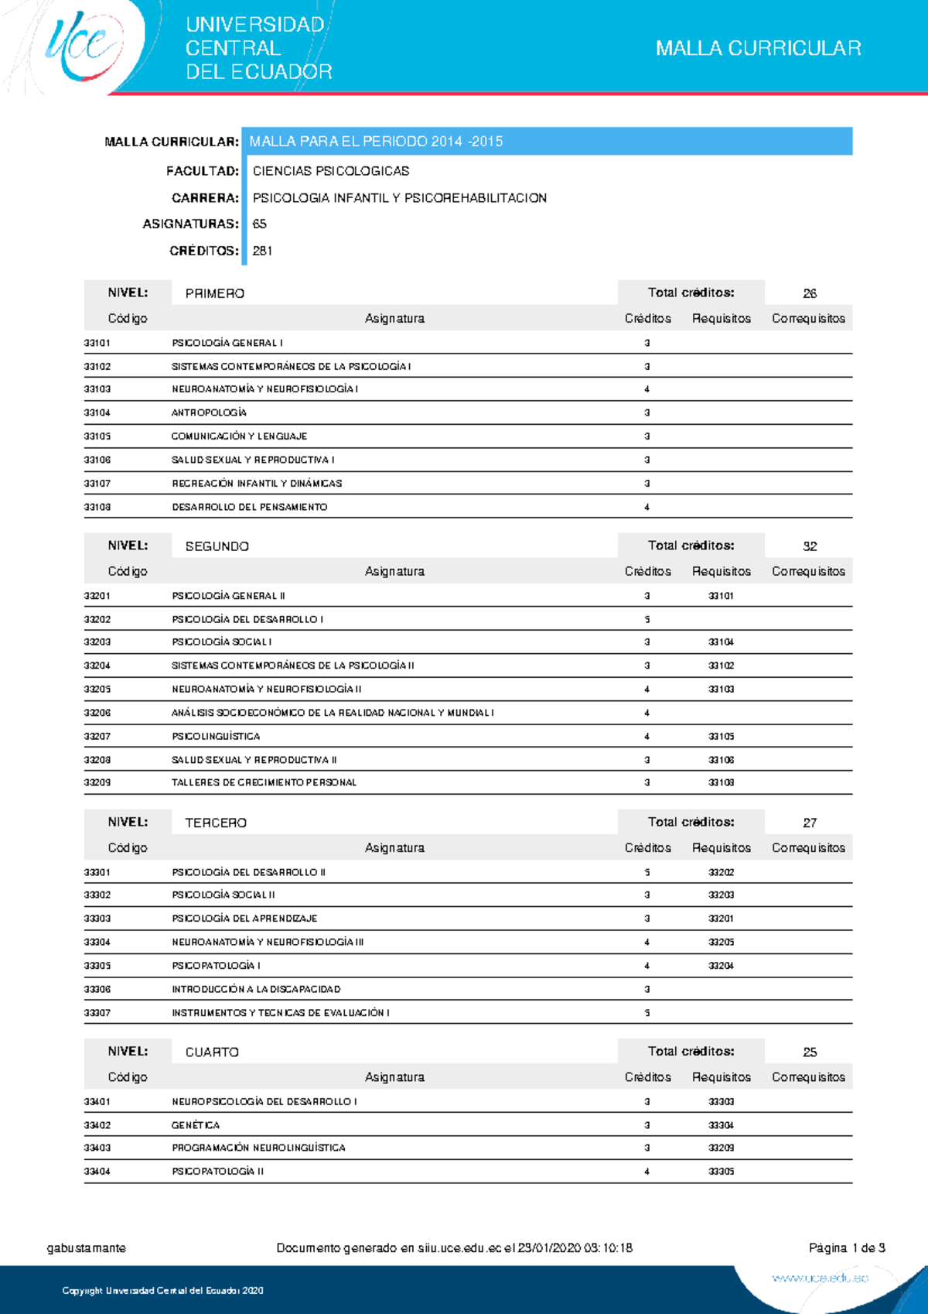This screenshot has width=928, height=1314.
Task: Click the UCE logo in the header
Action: pyautogui.click(x=84, y=46)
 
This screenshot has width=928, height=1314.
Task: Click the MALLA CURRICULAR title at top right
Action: pyautogui.click(x=758, y=48)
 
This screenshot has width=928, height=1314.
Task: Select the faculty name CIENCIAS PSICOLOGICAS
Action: pyautogui.click(x=331, y=171)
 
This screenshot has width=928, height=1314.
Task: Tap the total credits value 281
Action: pyautogui.click(x=262, y=251)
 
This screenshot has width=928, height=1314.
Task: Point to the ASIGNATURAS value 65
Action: pyautogui.click(x=260, y=224)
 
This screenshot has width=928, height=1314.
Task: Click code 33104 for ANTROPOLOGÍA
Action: pyautogui.click(x=97, y=412)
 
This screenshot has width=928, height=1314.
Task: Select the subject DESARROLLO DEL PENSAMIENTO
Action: pyautogui.click(x=249, y=507)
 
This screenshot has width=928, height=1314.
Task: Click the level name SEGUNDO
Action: pyautogui.click(x=217, y=546)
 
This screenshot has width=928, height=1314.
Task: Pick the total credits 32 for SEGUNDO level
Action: pyautogui.click(x=809, y=546)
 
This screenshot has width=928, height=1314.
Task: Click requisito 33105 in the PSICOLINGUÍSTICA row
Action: pyautogui.click(x=721, y=736)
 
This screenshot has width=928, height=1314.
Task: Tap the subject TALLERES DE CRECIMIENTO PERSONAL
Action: pyautogui.click(x=264, y=782)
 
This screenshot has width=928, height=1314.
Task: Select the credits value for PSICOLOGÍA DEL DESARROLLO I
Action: pyautogui.click(x=647, y=619)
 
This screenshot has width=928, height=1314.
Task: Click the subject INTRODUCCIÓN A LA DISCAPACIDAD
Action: pyautogui.click(x=256, y=989)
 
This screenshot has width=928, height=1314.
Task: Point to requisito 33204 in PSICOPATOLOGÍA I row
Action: pyautogui.click(x=721, y=966)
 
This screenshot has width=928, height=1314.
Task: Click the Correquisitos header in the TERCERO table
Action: pyautogui.click(x=808, y=848)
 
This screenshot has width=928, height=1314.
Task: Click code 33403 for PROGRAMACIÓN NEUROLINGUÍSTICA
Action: pyautogui.click(x=97, y=1148)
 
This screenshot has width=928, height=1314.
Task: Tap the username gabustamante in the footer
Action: pyautogui.click(x=87, y=1248)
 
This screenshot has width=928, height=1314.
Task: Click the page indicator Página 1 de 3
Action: pyautogui.click(x=847, y=1248)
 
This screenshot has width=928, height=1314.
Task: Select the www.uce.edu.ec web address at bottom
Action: pyautogui.click(x=820, y=1278)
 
